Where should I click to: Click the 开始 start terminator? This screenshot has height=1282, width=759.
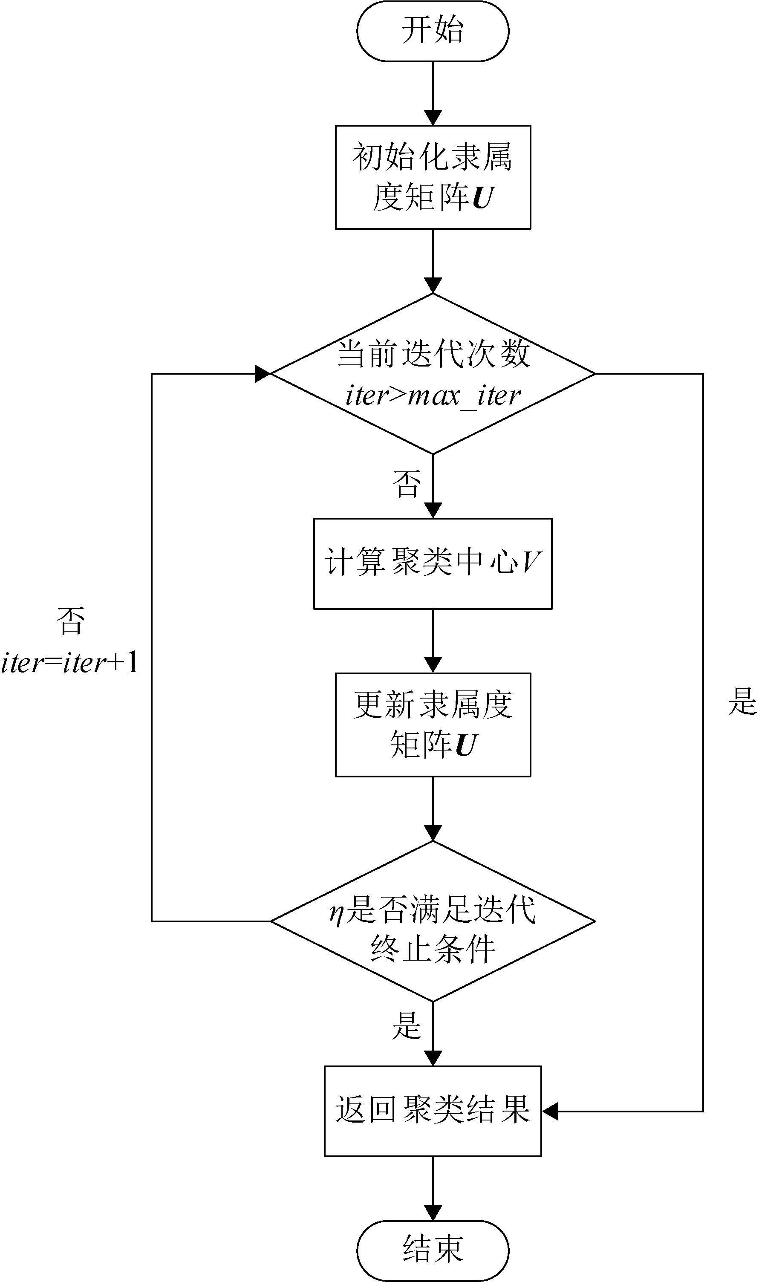point(433,31)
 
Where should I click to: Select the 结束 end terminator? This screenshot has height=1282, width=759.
point(433,1249)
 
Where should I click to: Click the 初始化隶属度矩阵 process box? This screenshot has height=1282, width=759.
point(433,177)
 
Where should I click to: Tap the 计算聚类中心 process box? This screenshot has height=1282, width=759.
point(433,563)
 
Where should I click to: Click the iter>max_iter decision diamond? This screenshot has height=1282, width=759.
point(433,374)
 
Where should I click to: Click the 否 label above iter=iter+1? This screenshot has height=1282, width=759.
point(70,622)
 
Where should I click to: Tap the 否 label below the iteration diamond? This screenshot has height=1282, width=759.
point(407,484)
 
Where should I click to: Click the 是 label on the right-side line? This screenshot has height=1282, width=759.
point(742,702)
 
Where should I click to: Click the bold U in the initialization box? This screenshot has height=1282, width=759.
point(482,198)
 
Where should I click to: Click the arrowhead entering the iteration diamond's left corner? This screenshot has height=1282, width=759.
point(263,374)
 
